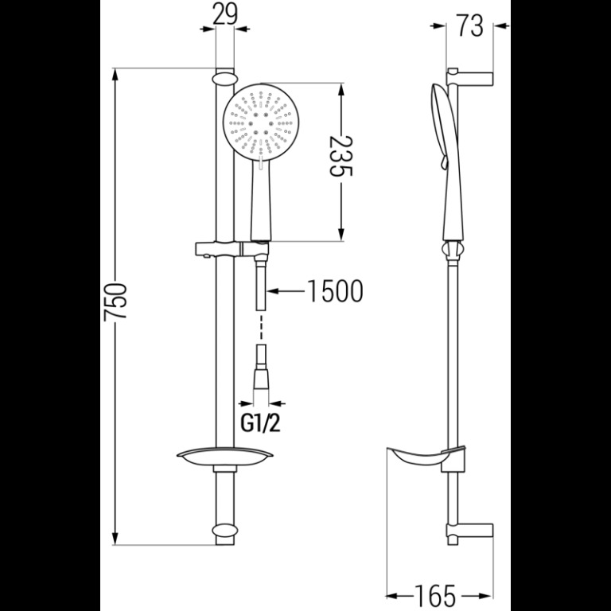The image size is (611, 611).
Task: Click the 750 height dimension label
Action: (x=115, y=302)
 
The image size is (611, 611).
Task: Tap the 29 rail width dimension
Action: (x=225, y=15)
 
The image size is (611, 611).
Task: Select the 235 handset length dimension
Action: (x=341, y=156)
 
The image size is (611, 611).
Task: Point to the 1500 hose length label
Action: (x=335, y=291)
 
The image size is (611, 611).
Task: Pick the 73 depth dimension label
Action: (x=470, y=25)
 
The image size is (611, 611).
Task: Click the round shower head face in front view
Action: (x=261, y=122)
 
